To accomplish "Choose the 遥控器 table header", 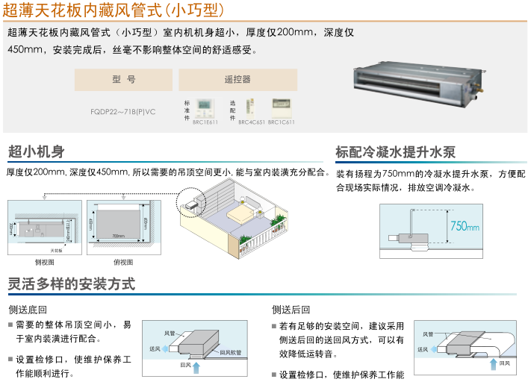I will point(237,79).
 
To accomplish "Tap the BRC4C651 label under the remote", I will point(252,122).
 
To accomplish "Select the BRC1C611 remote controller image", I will point(282,106).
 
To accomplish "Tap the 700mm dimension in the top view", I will point(118,236).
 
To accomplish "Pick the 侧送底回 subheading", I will point(28,310).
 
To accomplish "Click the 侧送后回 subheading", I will point(291,310).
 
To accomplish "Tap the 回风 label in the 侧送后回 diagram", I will point(505,363).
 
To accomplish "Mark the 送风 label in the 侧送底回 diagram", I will point(155,348).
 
